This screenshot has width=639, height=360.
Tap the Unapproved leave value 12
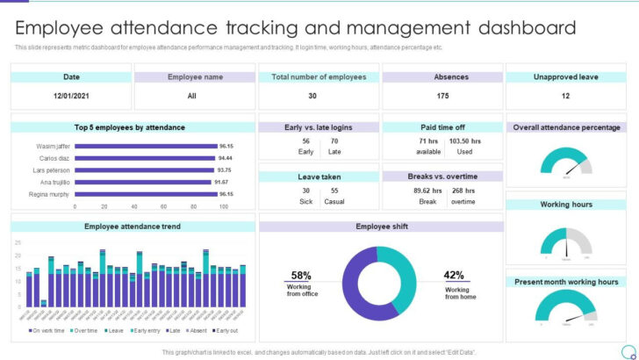pos(565,96)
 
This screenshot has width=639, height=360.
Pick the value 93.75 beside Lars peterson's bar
pos(226,169)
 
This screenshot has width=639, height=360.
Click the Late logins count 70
pos(334,140)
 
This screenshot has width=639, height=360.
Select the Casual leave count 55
pos(334,191)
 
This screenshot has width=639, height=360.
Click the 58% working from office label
pos(302,276)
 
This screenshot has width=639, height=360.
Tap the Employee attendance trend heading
pos(132,227)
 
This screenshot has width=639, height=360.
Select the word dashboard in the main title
pos(518,27)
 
